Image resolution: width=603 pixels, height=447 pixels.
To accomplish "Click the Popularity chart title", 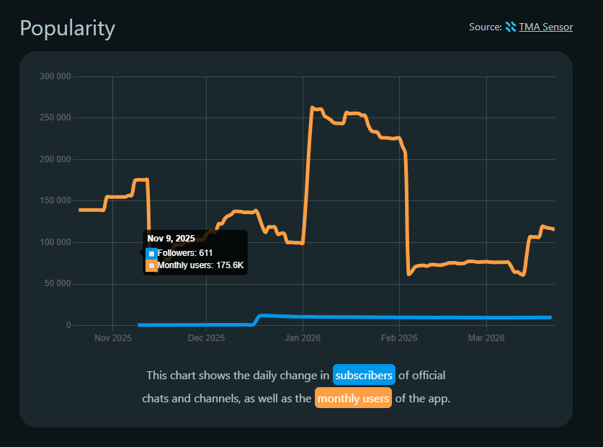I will [67, 28].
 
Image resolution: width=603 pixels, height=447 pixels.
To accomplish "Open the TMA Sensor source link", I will [545, 27].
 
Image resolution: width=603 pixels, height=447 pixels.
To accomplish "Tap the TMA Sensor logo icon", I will [510, 27].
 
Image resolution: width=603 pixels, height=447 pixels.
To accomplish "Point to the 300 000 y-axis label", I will [55, 76].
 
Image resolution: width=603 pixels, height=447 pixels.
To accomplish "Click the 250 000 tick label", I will [55, 118].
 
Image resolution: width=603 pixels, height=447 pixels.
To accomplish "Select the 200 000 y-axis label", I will [55, 159].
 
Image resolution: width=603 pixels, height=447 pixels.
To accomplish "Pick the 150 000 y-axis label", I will [55, 200].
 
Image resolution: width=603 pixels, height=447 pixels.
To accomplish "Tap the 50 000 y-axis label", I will [58, 283].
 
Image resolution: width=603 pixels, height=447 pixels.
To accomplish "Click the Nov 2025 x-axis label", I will [112, 337].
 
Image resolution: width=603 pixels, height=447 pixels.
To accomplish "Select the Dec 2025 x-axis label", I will [206, 337].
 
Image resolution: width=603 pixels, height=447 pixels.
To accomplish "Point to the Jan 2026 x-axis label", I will [303, 337].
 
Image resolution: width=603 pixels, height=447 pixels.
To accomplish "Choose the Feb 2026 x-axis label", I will [399, 337].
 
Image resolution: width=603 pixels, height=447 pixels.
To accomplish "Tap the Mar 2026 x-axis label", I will [486, 337].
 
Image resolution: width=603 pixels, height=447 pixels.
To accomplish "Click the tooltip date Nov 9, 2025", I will [171, 239].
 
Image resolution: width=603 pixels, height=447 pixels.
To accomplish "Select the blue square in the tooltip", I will [151, 253].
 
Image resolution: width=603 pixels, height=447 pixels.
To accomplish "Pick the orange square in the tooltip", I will [151, 266].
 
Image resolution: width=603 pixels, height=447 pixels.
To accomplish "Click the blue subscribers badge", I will [364, 375].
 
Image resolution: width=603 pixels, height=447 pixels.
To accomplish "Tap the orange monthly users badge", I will [353, 398].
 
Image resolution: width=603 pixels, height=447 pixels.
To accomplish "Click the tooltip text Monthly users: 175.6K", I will [200, 266].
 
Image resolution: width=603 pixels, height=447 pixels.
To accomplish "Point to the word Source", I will [485, 27].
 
